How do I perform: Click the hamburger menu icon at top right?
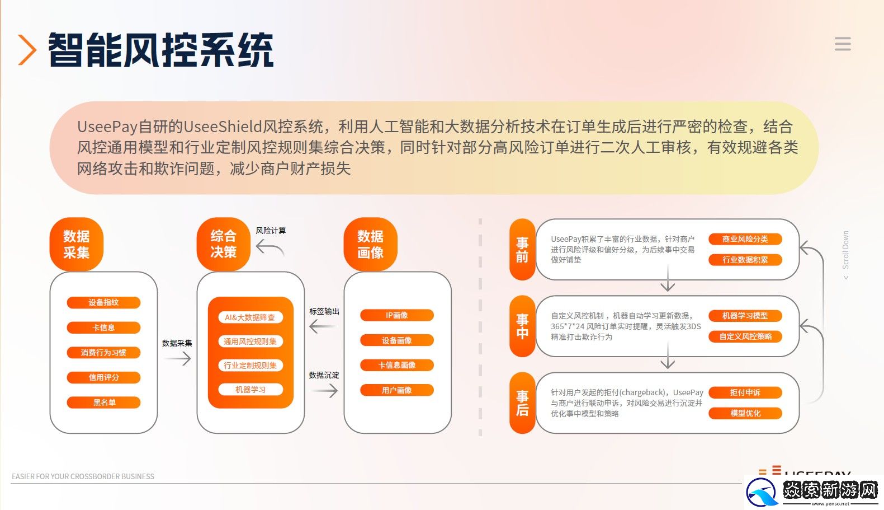pos(842,44)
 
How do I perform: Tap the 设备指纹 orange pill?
pos(103,302)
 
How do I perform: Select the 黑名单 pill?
pos(103,403)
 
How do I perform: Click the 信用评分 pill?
pos(103,377)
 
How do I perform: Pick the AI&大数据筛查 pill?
pos(250,317)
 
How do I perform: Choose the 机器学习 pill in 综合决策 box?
pos(250,390)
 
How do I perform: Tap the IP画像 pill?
pos(396,315)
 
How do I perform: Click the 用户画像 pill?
pos(396,390)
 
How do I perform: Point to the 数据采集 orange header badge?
pos(77,245)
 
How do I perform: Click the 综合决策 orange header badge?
pos(223,245)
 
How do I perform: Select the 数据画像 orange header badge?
pos(370,245)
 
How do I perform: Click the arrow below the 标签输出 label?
pos(323,326)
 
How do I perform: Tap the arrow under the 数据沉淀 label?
pos(324,390)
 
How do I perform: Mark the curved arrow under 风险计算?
pos(270,247)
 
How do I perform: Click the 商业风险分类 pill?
pos(745,239)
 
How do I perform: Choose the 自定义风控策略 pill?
pos(745,336)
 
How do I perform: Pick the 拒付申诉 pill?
pos(745,392)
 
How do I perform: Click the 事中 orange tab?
pos(522,326)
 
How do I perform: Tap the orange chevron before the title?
pos(27,50)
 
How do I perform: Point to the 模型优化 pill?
pos(745,413)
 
